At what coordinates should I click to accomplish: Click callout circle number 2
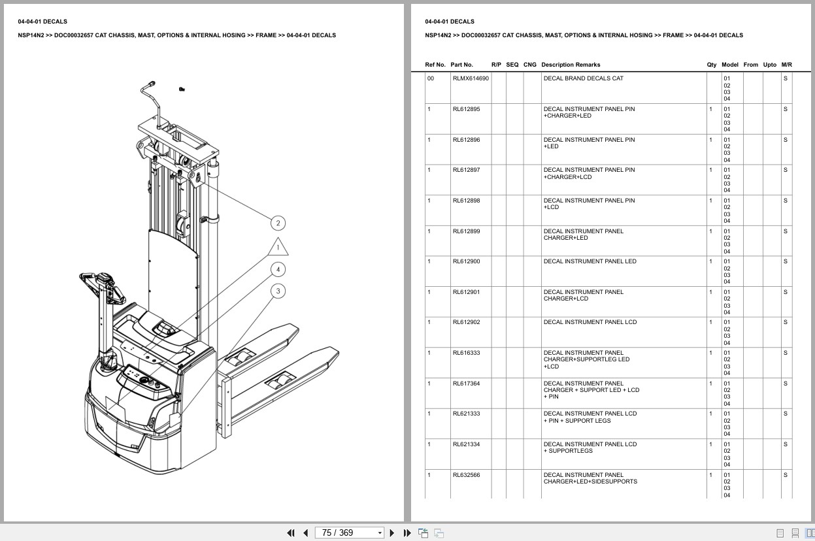pyautogui.click(x=278, y=223)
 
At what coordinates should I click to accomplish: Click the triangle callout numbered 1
pyautogui.click(x=278, y=248)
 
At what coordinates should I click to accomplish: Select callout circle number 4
pyautogui.click(x=278, y=269)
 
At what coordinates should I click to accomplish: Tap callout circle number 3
pyautogui.click(x=278, y=291)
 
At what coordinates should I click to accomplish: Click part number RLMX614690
pyautogui.click(x=470, y=78)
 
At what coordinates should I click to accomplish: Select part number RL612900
pyautogui.click(x=466, y=261)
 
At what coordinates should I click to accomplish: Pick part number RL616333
pyautogui.click(x=466, y=353)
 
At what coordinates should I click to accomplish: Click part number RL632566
pyautogui.click(x=466, y=475)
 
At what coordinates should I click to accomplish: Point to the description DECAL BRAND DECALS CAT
pyautogui.click(x=583, y=78)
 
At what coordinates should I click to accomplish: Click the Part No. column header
pyautogui.click(x=461, y=65)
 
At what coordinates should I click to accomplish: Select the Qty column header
pyautogui.click(x=711, y=65)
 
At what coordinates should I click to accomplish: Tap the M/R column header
pyautogui.click(x=786, y=65)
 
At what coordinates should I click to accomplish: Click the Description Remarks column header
pyautogui.click(x=570, y=65)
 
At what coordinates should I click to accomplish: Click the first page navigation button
pyautogui.click(x=291, y=533)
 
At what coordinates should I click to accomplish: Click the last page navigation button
pyautogui.click(x=407, y=533)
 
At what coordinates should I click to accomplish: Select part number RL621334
pyautogui.click(x=466, y=444)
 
